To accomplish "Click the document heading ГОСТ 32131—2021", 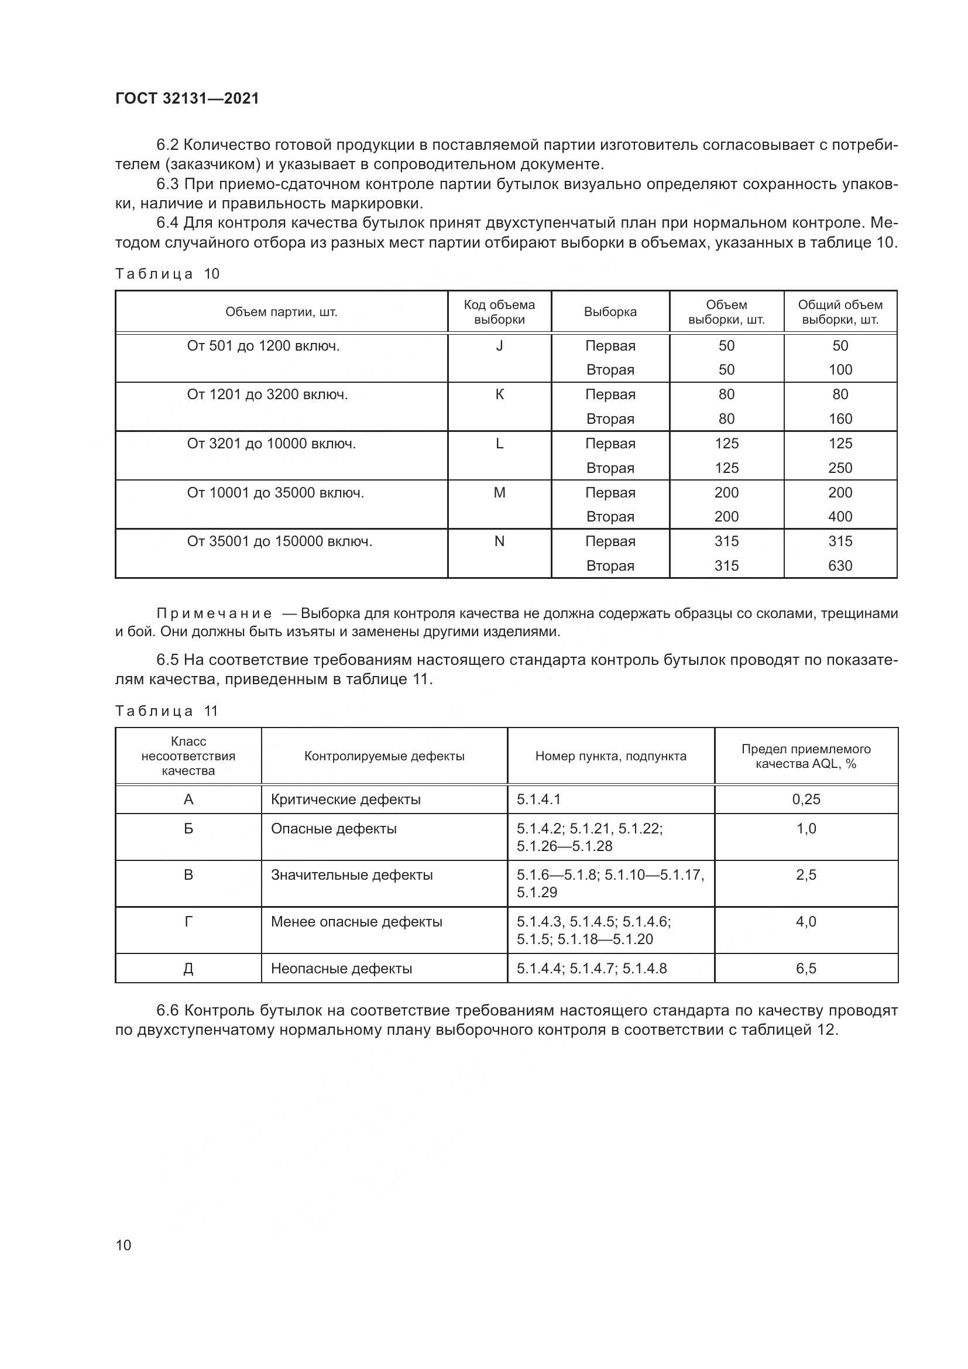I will coord(187,99).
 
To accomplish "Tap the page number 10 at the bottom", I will coord(123,1245).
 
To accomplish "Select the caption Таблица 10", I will coord(167,274).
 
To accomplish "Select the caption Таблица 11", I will coord(167,711).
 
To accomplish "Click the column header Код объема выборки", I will coord(499,312).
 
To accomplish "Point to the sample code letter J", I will coord(499,346).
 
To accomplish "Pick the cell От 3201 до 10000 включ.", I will coord(271,444).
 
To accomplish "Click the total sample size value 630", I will coord(840,565).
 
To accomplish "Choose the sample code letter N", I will coord(499,541).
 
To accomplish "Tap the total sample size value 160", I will coord(840,418).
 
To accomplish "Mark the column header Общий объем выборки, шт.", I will coord(840,312).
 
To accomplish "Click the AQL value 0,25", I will coord(806,800).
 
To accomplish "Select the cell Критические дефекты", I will coord(346,800).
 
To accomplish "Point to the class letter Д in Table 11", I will coord(188,969).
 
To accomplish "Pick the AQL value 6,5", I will coord(806,969).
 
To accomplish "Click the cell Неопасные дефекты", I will coord(342,969).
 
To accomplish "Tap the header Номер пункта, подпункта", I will coord(610,756).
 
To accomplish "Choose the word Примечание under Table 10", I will coord(215,613).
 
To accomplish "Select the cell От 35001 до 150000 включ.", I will coord(280,541).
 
